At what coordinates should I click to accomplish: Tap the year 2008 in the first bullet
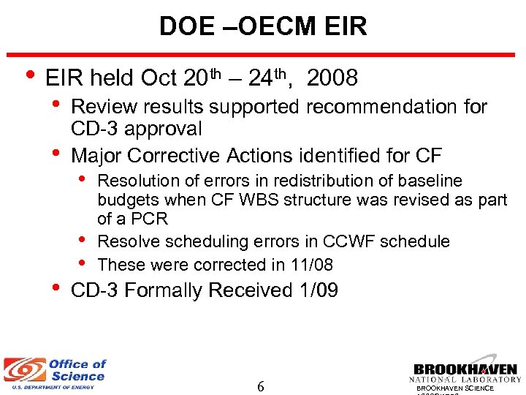332,78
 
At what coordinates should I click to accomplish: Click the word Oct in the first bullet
157,78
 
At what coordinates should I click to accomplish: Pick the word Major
96,156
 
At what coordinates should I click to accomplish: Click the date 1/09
319,290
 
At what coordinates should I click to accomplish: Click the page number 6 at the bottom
261,385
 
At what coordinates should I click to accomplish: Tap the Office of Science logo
55,372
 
